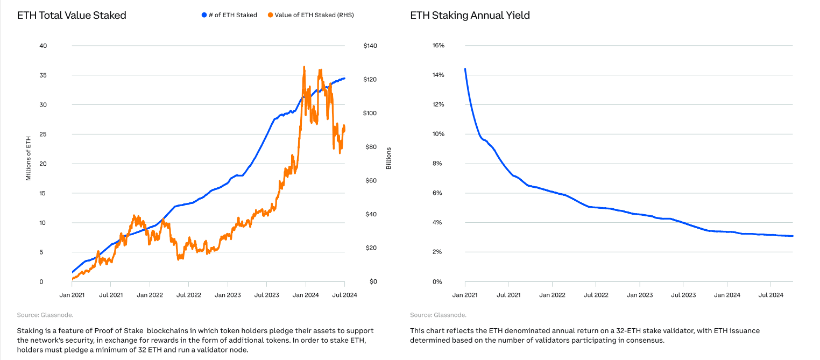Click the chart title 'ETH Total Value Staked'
pyautogui.click(x=72, y=16)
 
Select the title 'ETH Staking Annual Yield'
pyautogui.click(x=470, y=16)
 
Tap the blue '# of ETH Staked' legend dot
pyautogui.click(x=204, y=15)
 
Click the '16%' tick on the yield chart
pyautogui.click(x=438, y=46)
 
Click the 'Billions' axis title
pyautogui.click(x=388, y=158)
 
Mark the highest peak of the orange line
pyautogui.click(x=304, y=67)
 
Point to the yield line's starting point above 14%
pyautogui.click(x=465, y=69)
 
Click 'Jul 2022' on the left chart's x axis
pyautogui.click(x=189, y=295)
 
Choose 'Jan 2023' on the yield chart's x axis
pyautogui.click(x=640, y=295)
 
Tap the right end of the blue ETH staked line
pyautogui.click(x=344, y=79)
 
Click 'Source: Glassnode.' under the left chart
pyautogui.click(x=45, y=315)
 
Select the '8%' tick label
pyautogui.click(x=438, y=164)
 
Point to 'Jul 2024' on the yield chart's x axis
pyautogui.click(x=771, y=295)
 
